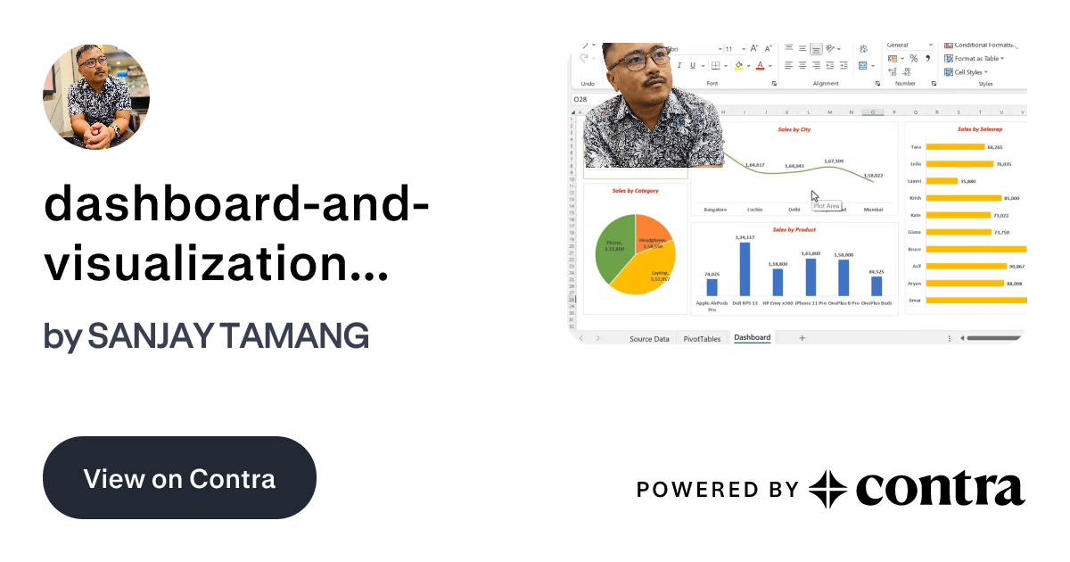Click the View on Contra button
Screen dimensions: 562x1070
[x=179, y=478]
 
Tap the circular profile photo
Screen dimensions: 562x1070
[x=96, y=96]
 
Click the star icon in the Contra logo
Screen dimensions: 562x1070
[x=827, y=489]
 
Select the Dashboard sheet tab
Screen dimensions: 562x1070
[x=753, y=338]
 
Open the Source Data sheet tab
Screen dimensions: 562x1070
[x=649, y=339]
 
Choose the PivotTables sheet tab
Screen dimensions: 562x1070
[x=702, y=339]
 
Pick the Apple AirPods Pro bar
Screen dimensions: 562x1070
[x=712, y=287]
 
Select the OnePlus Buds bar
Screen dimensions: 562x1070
[x=877, y=285]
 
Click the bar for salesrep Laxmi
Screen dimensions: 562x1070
[x=942, y=181]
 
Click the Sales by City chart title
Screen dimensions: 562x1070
[x=794, y=129]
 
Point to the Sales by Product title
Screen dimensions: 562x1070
[x=794, y=230]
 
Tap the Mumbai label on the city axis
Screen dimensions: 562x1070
[x=873, y=210]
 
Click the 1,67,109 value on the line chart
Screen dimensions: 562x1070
[x=834, y=161]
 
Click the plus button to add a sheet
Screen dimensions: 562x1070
[x=802, y=338]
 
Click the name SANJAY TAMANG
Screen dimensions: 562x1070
[x=228, y=336]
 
